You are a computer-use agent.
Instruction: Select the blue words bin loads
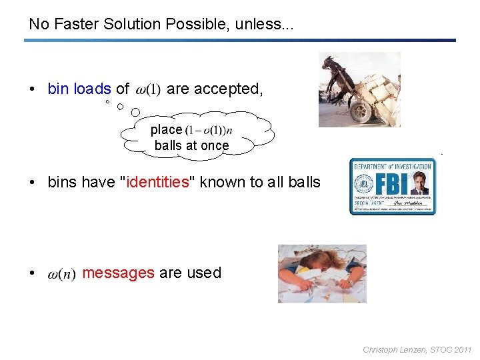[79, 89]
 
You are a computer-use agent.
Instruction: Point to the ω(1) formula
[148, 89]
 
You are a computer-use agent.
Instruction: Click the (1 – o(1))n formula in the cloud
[213, 130]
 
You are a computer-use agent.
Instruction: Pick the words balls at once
[191, 145]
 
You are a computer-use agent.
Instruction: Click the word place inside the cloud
[166, 129]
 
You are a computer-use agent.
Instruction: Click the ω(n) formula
[62, 273]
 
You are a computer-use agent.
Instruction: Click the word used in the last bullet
[205, 273]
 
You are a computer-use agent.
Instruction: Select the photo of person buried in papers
[322, 273]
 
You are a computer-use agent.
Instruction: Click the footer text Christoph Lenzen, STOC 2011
[417, 349]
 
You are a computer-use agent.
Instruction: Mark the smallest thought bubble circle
[107, 103]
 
